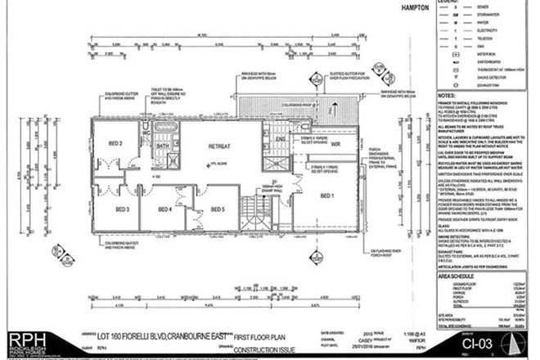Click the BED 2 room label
(x=115, y=144)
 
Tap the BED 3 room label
(x=122, y=209)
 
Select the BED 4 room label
(x=164, y=209)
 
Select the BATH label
(x=163, y=145)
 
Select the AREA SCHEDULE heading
(x=459, y=277)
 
